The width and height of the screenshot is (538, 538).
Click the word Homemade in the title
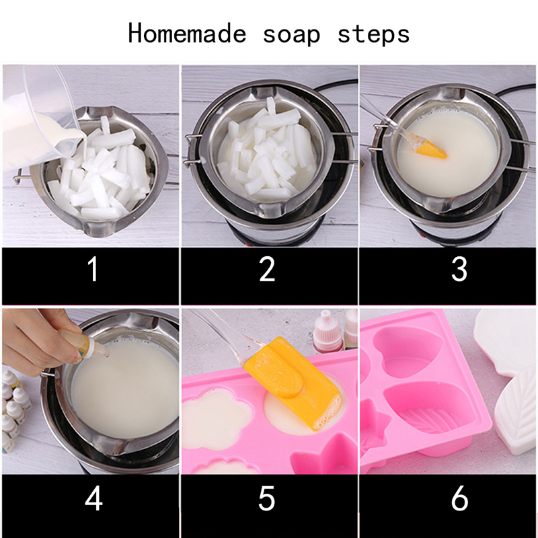click(188, 34)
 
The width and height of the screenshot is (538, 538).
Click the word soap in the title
click(292, 35)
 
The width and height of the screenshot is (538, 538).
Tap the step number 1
click(93, 269)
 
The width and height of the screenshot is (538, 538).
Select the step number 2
click(267, 269)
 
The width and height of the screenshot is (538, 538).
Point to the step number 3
click(459, 269)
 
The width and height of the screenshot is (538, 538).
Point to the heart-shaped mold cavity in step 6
click(410, 350)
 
